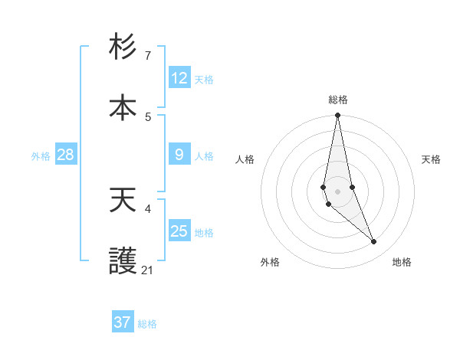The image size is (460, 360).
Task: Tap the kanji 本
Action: (123, 107)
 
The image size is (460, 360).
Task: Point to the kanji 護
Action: (123, 262)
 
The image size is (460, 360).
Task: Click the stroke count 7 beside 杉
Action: (148, 56)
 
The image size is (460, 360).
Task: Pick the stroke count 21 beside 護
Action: (148, 270)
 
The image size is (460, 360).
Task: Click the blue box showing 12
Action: (179, 78)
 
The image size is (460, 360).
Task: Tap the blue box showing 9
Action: (179, 155)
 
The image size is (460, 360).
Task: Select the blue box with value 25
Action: (179, 231)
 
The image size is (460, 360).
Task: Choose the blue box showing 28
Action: (66, 155)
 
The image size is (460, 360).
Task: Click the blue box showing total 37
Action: (123, 322)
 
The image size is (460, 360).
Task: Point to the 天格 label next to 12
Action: (204, 80)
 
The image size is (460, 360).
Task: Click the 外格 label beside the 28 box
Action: (41, 156)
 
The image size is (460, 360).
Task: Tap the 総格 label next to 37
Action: (147, 324)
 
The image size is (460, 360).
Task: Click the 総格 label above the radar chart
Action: (338, 100)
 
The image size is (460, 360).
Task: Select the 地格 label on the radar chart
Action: (402, 262)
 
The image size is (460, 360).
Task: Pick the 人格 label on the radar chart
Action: (245, 159)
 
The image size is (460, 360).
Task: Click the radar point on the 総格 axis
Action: (337, 116)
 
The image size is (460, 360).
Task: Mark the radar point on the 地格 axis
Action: (374, 242)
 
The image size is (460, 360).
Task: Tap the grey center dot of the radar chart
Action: (337, 191)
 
